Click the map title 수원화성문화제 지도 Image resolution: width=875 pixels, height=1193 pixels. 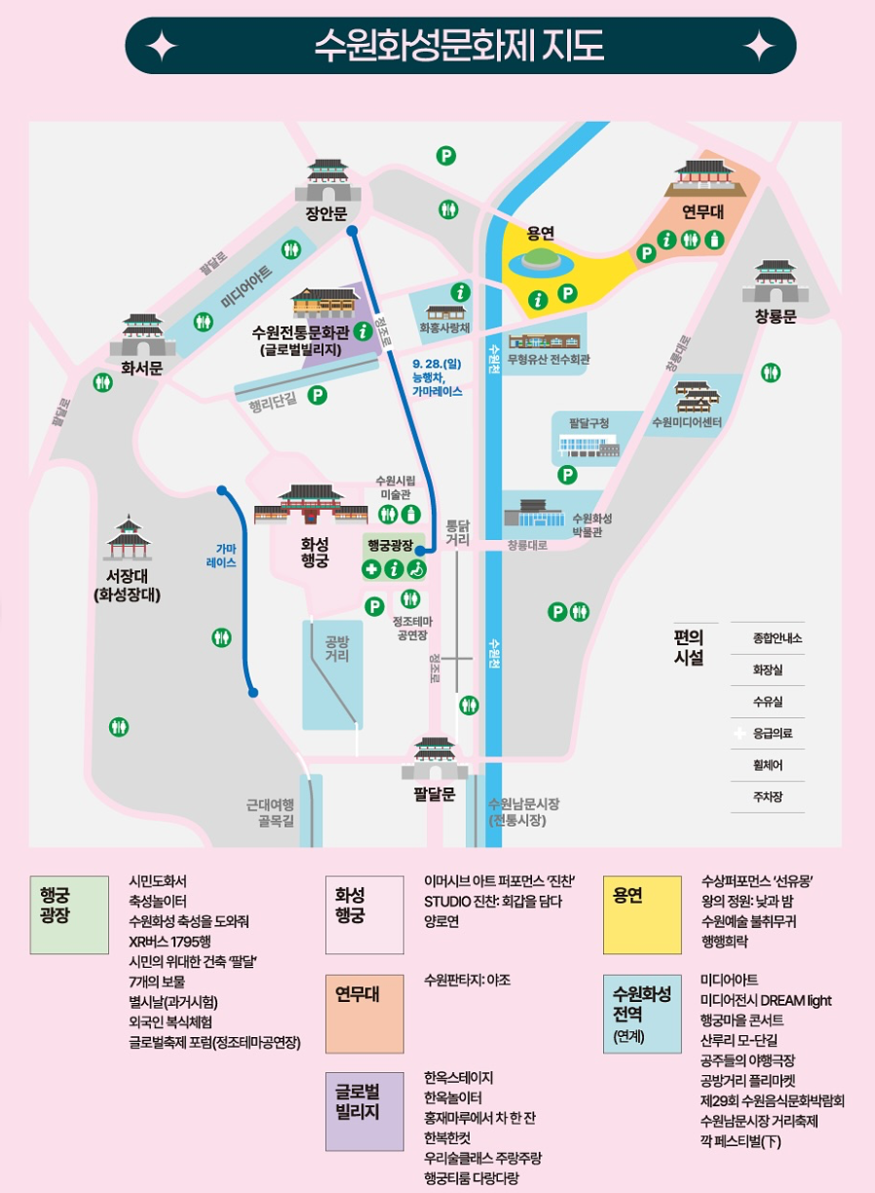(459, 46)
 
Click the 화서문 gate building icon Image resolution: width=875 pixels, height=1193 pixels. (142, 335)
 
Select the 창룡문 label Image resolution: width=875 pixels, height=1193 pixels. (776, 317)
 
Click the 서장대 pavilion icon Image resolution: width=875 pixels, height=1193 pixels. (128, 539)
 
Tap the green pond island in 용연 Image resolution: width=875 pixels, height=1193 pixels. (537, 259)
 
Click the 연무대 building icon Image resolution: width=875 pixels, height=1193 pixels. (703, 176)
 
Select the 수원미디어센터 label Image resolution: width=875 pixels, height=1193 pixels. (686, 422)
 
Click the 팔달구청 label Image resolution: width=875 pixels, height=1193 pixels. (589, 422)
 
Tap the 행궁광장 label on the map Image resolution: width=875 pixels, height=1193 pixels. (391, 546)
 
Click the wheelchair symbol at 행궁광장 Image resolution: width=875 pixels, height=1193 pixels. (416, 569)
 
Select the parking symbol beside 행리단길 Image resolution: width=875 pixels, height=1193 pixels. (317, 395)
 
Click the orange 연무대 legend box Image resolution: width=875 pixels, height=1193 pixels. (363, 1012)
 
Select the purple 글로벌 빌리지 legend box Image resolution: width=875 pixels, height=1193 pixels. (363, 1110)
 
